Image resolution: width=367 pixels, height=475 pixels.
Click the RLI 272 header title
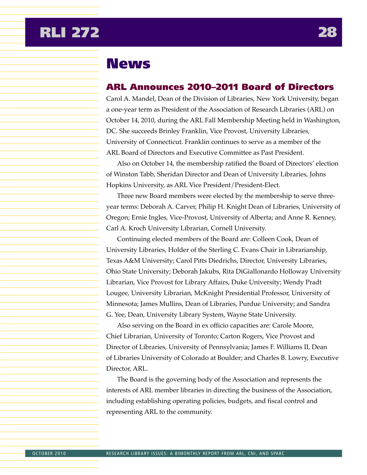pyautogui.click(x=70, y=32)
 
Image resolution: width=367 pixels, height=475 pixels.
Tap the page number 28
pyautogui.click(x=327, y=32)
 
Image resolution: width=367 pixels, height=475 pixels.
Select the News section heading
pyautogui.click(x=128, y=64)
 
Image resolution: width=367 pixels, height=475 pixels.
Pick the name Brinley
pyautogui.click(x=169, y=131)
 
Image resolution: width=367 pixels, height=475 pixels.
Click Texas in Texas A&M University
pyautogui.click(x=114, y=261)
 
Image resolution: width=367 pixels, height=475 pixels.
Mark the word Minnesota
pyautogui.click(x=122, y=304)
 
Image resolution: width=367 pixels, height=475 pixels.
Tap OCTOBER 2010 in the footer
pyautogui.click(x=49, y=454)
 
